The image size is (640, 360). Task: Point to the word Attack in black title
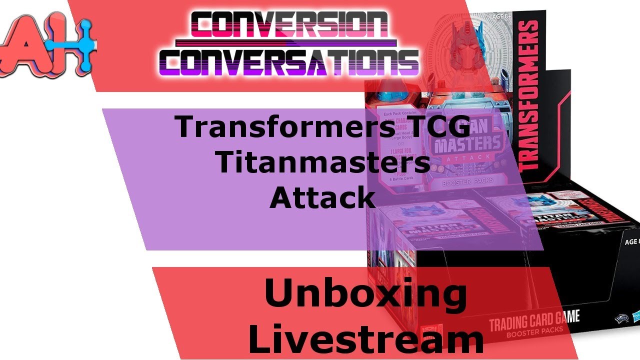[322, 197]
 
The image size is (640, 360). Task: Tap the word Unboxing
[365, 295]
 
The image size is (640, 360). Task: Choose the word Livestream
[365, 337]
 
